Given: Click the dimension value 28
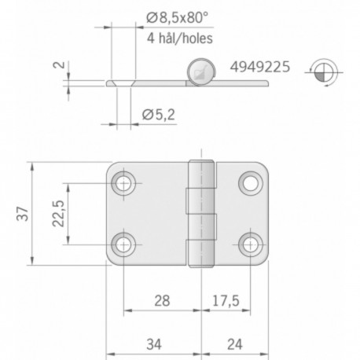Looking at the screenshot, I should pyautogui.click(x=162, y=299).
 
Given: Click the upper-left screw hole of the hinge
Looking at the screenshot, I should pyautogui.click(x=124, y=184).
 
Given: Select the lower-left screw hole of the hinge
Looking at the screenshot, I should pyautogui.click(x=124, y=244).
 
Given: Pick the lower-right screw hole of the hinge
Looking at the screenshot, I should pyautogui.click(x=250, y=244).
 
